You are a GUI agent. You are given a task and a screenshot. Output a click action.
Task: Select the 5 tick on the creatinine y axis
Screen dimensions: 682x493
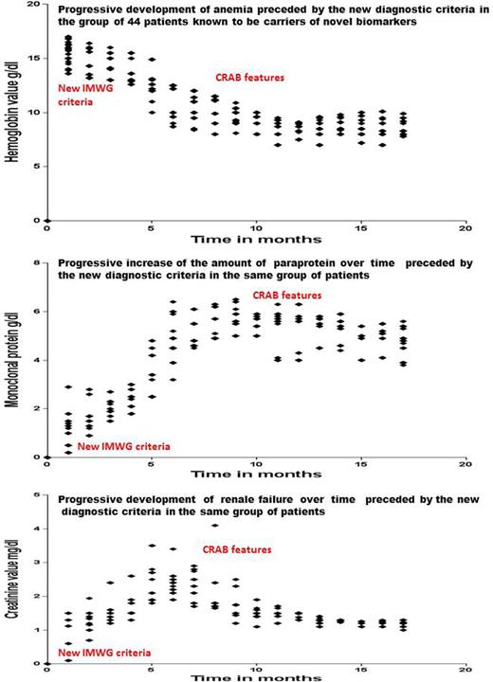36,494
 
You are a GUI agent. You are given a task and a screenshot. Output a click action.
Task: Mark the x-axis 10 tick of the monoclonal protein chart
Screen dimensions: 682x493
256,465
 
